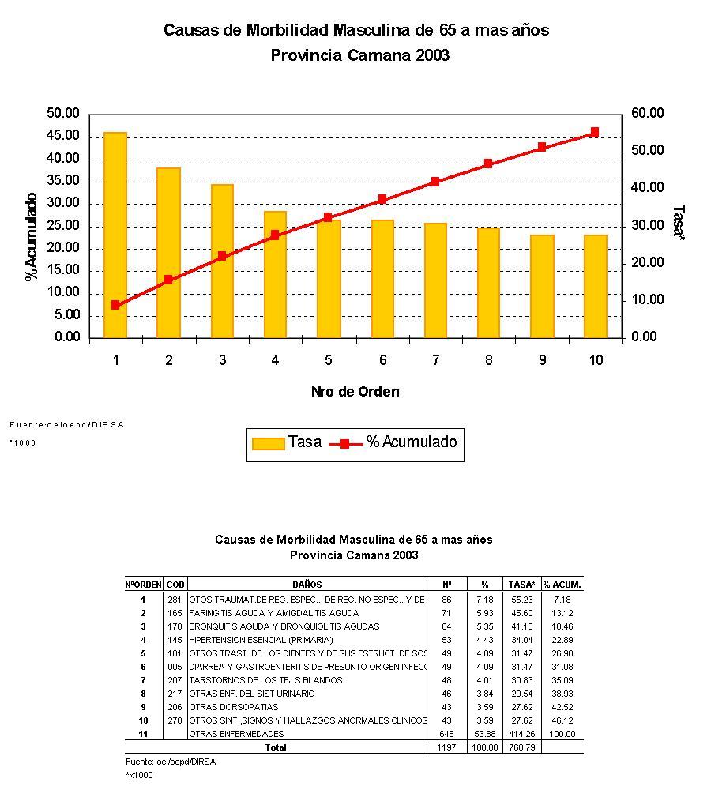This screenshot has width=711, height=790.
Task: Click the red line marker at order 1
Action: pos(115,305)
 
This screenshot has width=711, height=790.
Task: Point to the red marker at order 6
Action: pos(382,200)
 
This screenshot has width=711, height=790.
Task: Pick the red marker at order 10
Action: pos(595,133)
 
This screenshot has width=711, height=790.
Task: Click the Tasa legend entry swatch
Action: pos(268,443)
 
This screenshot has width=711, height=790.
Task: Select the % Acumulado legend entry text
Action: pos(411,442)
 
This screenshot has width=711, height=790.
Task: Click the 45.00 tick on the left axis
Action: pos(64,136)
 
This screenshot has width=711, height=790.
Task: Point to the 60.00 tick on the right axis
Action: pos(648,114)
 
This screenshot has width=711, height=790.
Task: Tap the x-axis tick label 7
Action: pos(435,360)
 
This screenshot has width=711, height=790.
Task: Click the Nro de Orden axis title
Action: pos(355,392)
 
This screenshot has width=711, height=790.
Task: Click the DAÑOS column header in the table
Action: pos(307,585)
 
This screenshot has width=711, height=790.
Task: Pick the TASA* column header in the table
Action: pos(522,585)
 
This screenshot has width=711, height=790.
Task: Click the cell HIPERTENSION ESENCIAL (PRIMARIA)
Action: pos(261,640)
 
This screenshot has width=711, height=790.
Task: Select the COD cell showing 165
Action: pos(175,613)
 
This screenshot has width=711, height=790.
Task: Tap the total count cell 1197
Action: pos(447,747)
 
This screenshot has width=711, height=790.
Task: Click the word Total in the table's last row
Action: pos(276,747)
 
